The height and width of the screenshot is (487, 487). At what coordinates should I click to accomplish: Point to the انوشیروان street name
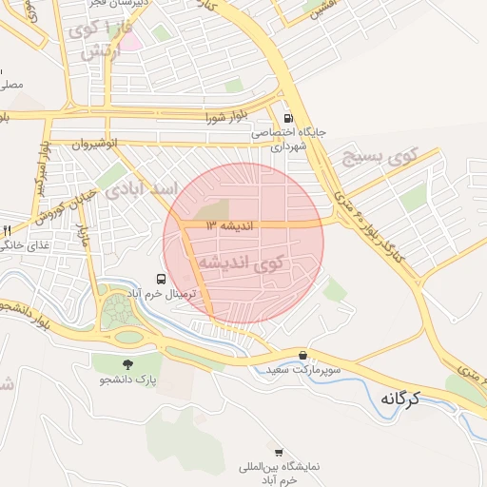pos(98,144)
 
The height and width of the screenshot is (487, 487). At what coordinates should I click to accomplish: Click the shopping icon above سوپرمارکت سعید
pos(302,353)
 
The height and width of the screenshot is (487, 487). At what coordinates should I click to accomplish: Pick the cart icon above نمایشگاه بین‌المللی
pos(280,452)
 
